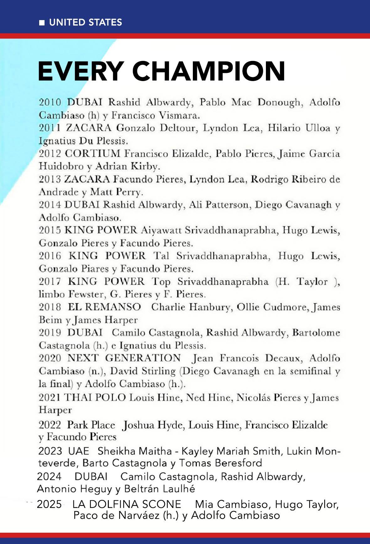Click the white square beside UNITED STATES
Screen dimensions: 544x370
click(x=42, y=23)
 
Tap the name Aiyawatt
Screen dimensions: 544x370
click(x=161, y=230)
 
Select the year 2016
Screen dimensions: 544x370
click(x=50, y=256)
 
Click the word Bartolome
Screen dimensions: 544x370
click(x=316, y=333)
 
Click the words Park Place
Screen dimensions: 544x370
click(x=91, y=425)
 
